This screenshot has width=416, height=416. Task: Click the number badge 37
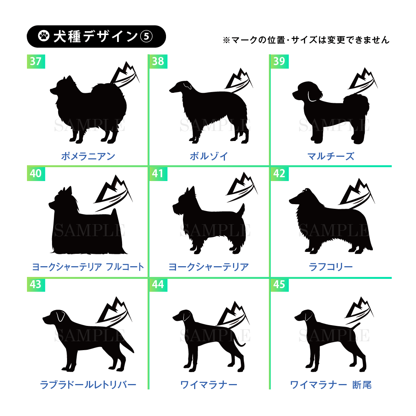[36, 61]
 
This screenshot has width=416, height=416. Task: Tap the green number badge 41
[158, 173]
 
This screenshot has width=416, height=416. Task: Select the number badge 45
[279, 284]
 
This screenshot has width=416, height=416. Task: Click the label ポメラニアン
[88, 156]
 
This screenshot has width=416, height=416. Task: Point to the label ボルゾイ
[209, 156]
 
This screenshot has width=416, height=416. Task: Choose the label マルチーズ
[330, 156]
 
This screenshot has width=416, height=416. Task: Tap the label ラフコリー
[330, 267]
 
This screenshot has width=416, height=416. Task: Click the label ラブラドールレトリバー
[88, 385]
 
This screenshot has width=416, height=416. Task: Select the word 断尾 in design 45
[362, 385]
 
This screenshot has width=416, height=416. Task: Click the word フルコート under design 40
[125, 267]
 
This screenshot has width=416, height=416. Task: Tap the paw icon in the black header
[44, 36]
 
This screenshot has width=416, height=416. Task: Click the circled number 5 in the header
[146, 36]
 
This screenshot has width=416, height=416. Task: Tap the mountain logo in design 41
[242, 187]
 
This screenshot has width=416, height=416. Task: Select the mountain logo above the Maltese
[363, 81]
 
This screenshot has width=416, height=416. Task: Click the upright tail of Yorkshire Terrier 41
[241, 210]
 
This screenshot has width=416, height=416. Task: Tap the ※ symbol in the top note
[226, 40]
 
